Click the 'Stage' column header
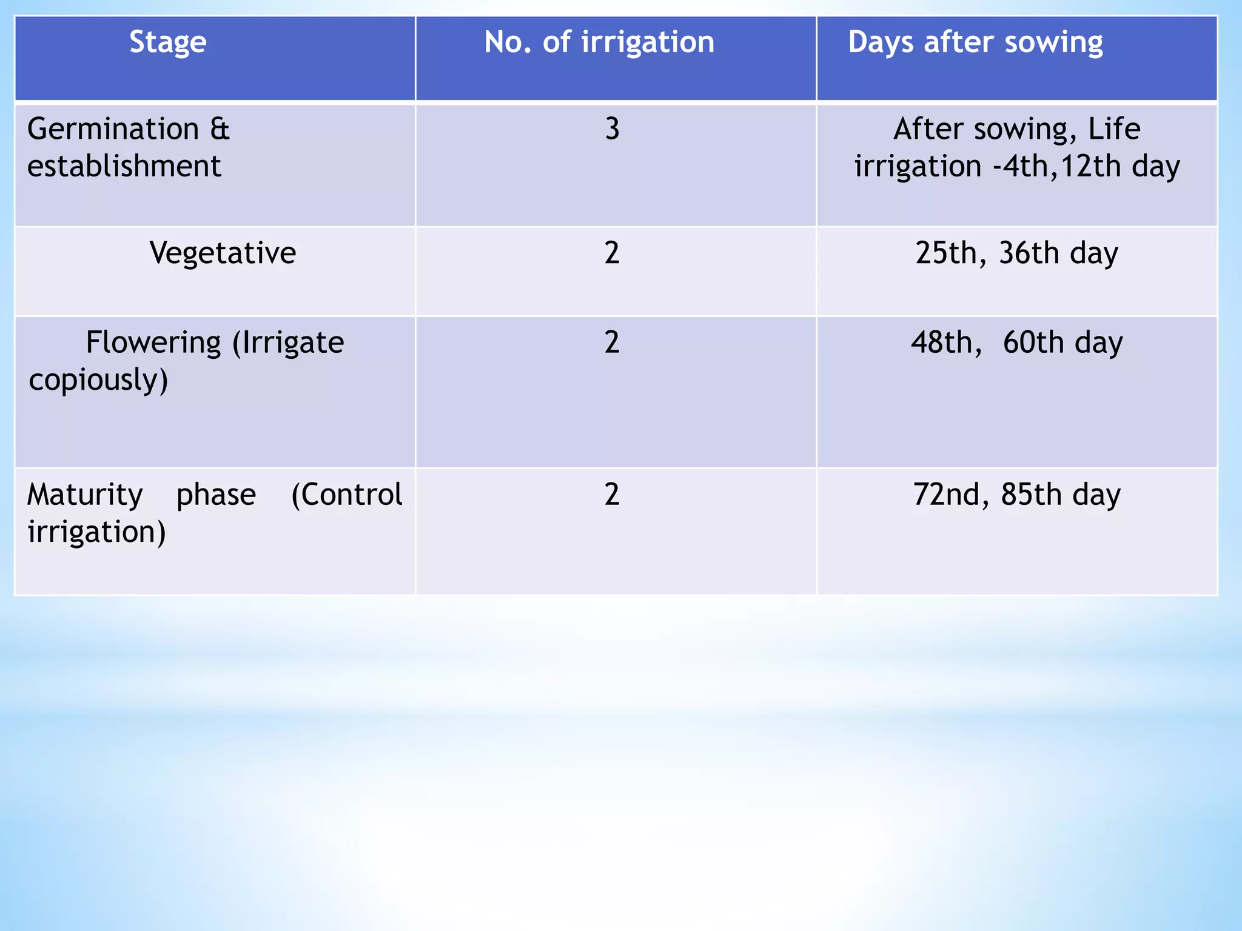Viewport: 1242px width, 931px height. click(x=168, y=43)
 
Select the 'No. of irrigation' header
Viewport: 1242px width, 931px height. click(x=599, y=42)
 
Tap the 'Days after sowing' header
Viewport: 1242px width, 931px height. click(x=975, y=43)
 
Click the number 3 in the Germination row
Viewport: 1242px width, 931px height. click(x=613, y=129)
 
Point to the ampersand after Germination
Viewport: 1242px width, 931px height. click(x=220, y=129)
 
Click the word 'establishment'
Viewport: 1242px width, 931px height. click(x=124, y=166)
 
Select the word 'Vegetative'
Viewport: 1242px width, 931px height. click(x=223, y=253)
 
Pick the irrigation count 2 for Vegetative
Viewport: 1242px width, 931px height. click(x=612, y=253)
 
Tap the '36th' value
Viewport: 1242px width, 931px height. click(x=1029, y=253)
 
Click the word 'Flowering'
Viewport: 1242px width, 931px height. click(x=153, y=342)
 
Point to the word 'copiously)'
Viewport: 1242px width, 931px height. click(x=98, y=381)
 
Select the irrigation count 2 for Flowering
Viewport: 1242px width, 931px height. click(x=612, y=342)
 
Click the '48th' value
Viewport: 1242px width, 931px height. click(x=945, y=342)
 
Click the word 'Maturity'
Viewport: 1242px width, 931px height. click(x=86, y=495)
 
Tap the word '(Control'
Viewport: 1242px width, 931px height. click(x=347, y=495)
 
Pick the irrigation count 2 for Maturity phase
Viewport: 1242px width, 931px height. click(x=612, y=495)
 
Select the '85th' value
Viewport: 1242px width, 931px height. click(x=1031, y=495)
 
